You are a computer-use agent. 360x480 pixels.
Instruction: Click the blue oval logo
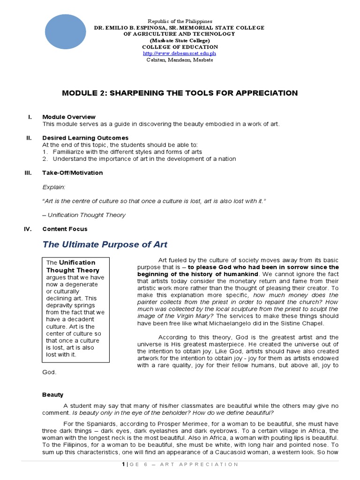pos(71,32)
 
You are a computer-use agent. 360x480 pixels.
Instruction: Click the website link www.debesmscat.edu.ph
pos(180,53)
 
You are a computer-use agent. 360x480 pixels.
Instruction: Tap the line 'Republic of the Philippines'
pos(180,22)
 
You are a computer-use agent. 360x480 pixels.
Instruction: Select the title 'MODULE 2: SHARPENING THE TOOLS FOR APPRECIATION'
pos(180,93)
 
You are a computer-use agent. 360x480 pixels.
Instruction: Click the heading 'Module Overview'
pos(69,117)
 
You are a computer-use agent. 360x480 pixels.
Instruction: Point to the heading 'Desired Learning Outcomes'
pos(85,138)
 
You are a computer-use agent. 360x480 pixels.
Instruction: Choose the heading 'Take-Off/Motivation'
pos(73,172)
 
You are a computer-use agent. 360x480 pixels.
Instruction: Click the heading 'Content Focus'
pos(65,229)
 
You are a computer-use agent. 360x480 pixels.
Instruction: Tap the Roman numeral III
pos(28,172)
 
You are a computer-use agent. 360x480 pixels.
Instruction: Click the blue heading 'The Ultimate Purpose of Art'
pos(105,244)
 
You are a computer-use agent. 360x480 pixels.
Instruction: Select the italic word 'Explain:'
pos(54,187)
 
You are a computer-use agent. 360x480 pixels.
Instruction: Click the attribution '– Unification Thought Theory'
pos(84,215)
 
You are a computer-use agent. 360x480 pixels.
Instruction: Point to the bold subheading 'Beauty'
pos(52,395)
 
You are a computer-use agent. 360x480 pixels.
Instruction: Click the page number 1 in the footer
pos(123,465)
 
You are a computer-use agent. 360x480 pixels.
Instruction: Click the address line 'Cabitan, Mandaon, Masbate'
pos(180,60)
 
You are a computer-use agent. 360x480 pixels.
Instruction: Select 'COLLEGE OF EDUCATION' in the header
pos(180,47)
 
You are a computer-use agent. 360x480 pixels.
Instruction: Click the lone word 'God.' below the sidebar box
pos(49,372)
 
